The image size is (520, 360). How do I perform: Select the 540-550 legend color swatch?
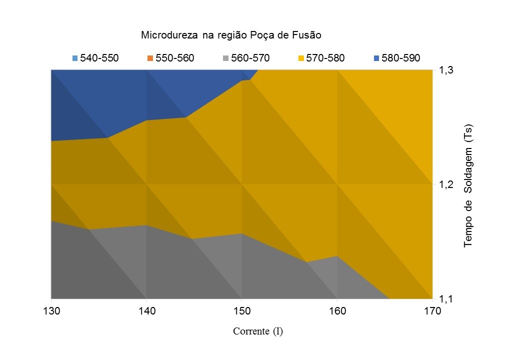coord(75,58)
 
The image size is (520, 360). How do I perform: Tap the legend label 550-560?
coord(174,58)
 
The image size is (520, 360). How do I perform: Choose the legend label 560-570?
coord(250,58)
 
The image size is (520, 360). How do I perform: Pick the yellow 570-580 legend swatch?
coord(301,58)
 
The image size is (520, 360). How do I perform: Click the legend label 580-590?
coord(400,58)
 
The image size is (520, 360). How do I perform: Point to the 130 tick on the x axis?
coord(51,311)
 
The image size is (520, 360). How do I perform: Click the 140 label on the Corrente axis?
coord(146,311)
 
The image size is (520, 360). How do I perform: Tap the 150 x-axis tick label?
coord(242,311)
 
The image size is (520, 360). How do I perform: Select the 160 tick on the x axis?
coord(337,311)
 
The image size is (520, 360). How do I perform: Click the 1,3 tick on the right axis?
coord(446,70)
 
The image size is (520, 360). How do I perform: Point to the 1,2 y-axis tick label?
coord(446,185)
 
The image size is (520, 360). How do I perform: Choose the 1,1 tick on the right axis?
coord(446,299)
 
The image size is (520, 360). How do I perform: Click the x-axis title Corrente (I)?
coord(257,331)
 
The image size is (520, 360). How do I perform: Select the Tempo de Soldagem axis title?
coord(468,184)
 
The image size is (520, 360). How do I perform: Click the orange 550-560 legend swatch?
coord(150,58)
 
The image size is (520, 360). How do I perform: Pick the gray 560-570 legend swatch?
coord(226,58)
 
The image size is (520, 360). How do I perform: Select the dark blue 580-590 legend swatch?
coord(376,58)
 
